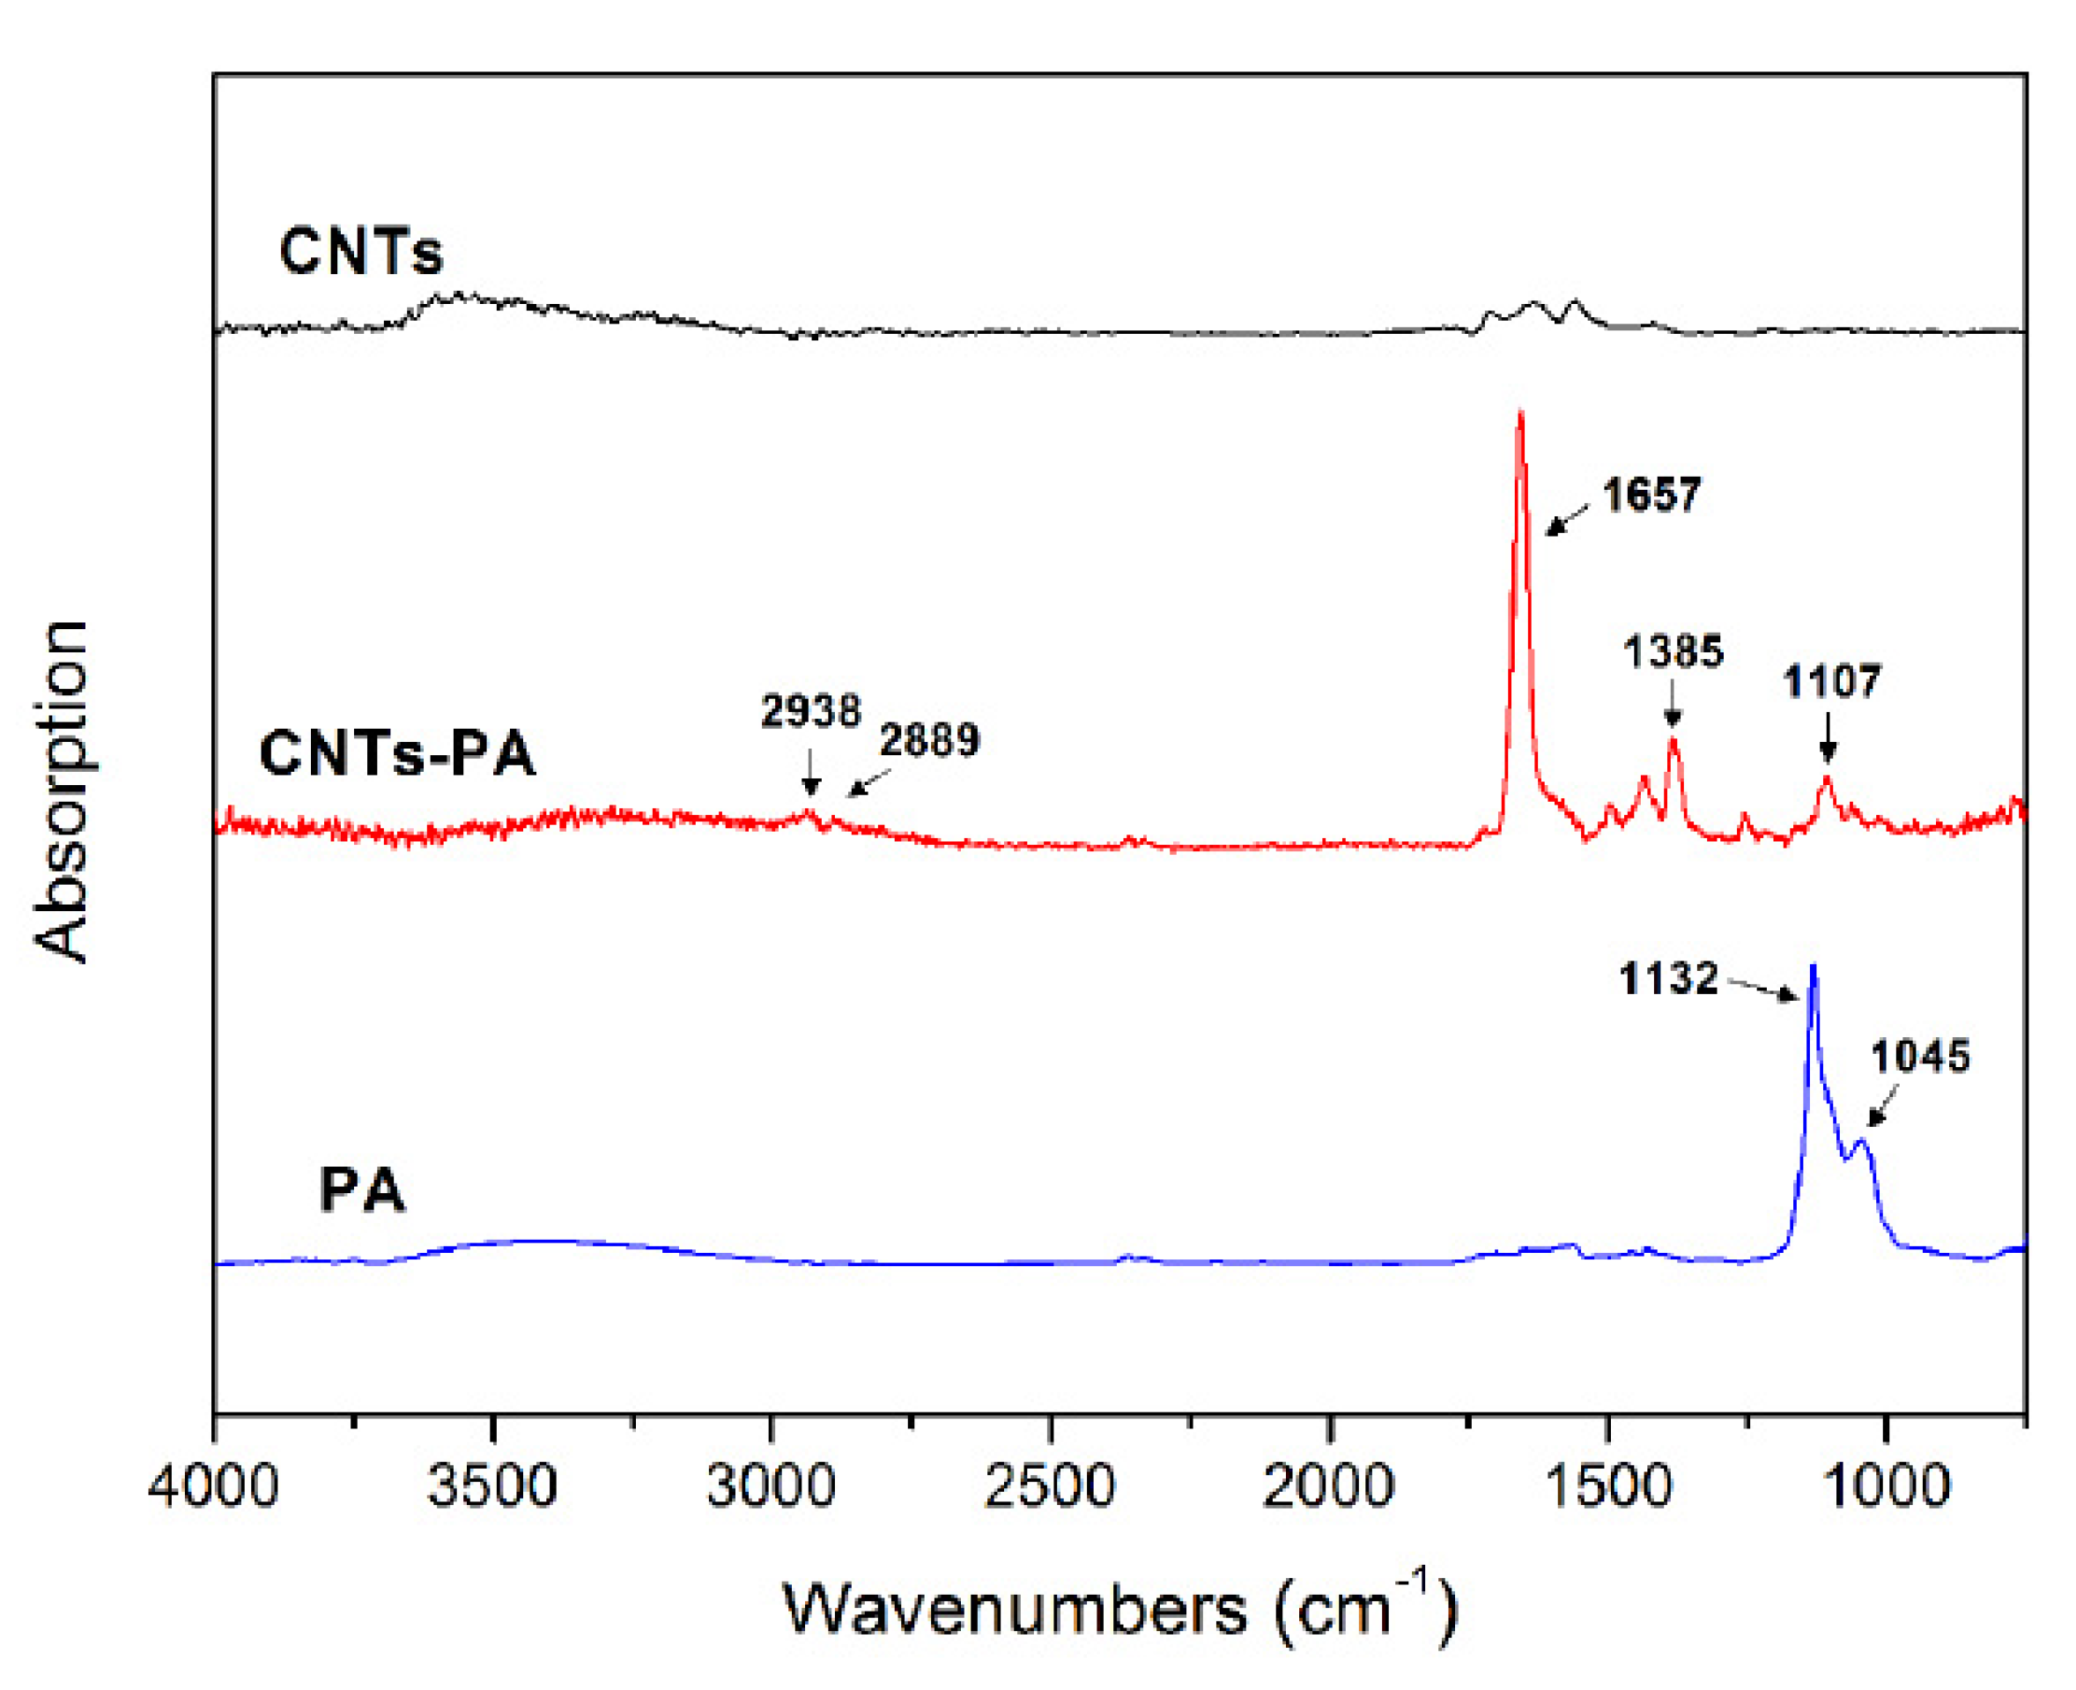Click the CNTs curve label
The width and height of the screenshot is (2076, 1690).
[x=360, y=251]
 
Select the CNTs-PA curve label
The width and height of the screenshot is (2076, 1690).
[x=397, y=754]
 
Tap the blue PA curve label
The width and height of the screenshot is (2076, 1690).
[x=361, y=1190]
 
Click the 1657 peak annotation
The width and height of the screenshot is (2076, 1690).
[x=1651, y=495]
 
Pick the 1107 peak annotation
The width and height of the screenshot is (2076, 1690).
[x=1832, y=681]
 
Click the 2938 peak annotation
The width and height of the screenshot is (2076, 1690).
[x=810, y=712]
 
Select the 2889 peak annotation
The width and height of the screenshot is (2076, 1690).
[x=929, y=741]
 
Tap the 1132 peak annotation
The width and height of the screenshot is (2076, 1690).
[x=1668, y=978]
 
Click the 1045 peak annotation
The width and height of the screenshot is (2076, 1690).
[x=1919, y=1056]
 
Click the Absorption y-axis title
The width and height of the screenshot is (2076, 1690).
[x=62, y=790]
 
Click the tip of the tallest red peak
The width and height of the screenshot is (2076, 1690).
[x=1519, y=414]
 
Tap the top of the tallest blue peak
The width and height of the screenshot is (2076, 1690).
[x=1813, y=966]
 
